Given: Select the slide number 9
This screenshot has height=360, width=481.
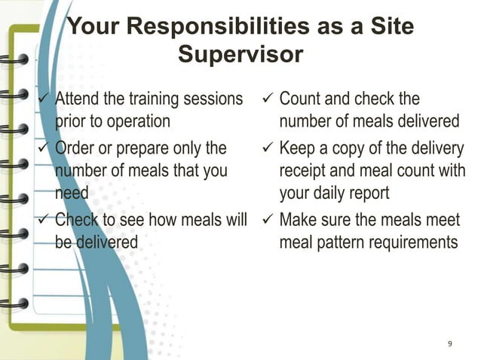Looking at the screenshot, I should tap(450, 344).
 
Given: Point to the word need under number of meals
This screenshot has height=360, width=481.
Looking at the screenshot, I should tap(72, 194).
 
